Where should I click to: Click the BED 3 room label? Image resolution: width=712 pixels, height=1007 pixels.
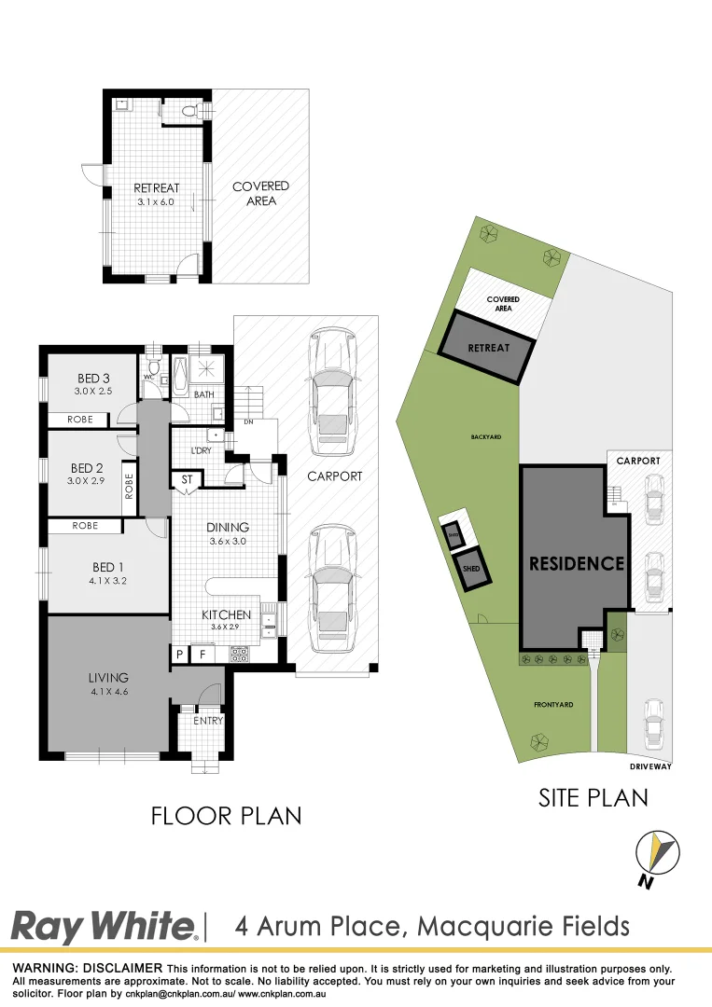93,378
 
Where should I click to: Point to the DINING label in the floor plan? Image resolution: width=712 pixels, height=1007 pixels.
228,528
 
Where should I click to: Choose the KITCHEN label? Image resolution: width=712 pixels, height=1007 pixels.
227,614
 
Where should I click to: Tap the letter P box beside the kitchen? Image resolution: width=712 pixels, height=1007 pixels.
179,655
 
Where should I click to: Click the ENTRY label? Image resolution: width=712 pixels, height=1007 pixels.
208,721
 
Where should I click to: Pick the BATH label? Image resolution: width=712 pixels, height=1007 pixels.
204,395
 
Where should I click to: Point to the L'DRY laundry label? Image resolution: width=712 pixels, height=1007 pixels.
202,450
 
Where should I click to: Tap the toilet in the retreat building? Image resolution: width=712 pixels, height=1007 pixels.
189,112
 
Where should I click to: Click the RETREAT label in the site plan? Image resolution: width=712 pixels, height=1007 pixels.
488,348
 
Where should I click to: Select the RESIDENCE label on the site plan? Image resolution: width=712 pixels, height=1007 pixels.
576,563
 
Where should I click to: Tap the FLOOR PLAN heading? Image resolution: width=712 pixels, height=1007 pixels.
227,816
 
